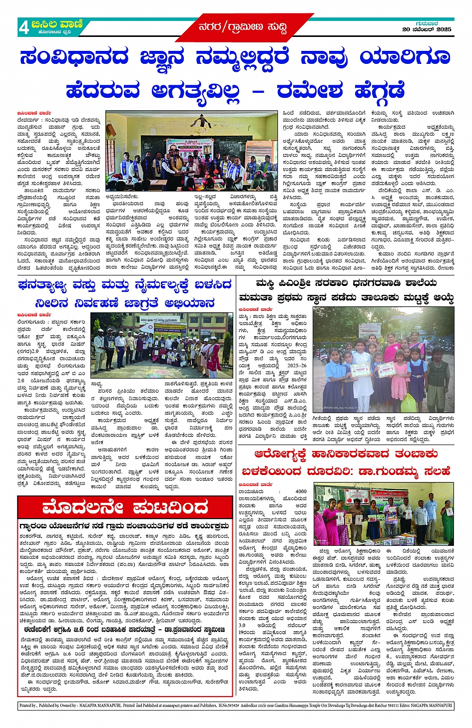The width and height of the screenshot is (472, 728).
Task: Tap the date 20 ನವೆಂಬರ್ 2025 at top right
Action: coord(427,29)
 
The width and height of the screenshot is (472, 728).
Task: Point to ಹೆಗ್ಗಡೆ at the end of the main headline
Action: coord(380,91)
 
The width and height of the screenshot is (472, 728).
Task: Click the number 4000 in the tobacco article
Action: coord(301,491)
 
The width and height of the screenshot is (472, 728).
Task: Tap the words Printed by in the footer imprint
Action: coord(28,706)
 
